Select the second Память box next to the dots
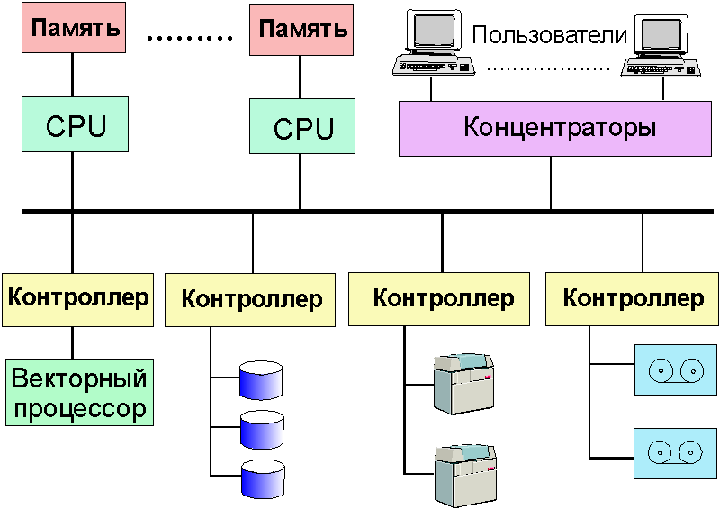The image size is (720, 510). point(302,28)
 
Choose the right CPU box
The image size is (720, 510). point(302,127)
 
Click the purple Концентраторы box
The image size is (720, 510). point(559,128)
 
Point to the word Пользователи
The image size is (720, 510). point(549,36)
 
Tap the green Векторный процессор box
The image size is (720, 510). point(78,393)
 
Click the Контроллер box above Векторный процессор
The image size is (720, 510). point(78,297)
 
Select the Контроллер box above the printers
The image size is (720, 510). point(443,298)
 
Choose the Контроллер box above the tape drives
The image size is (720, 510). point(633,297)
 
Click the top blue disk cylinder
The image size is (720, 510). point(262,379)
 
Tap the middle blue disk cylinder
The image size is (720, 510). point(262,430)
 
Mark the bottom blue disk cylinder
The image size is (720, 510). point(262,478)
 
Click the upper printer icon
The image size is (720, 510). point(463,383)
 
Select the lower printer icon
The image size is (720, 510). point(463,474)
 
